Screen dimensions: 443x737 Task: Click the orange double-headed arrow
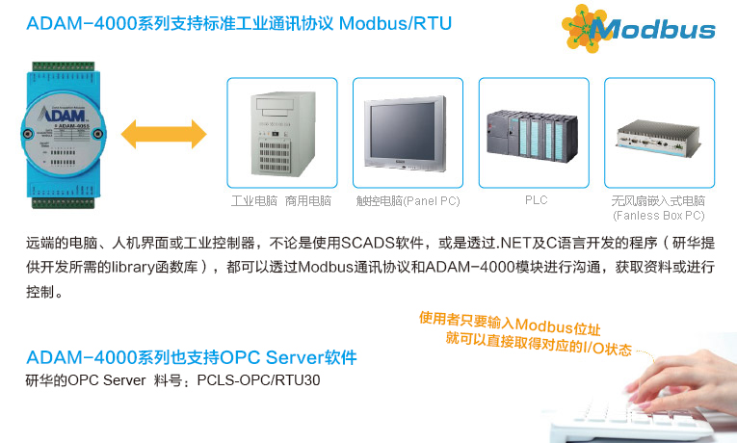165,132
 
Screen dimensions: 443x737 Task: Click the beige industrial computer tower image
281,132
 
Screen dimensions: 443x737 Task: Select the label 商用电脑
308,201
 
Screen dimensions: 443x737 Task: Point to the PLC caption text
536,200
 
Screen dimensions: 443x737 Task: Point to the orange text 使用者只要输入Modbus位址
501,321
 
